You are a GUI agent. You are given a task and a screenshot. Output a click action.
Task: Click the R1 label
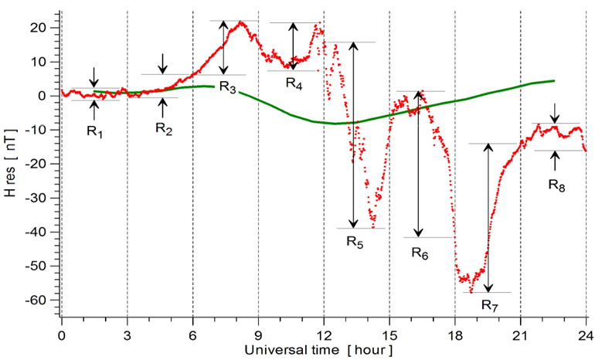coord(95,131)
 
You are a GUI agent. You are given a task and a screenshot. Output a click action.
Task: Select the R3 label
coord(227,86)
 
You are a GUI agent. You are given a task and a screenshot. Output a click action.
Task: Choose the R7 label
coord(490,306)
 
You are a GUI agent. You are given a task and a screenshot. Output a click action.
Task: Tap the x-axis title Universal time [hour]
coord(318,350)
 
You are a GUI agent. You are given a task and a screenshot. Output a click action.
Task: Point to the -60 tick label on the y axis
coord(43,300)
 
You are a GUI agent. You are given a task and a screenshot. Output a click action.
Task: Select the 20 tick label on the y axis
coord(45,28)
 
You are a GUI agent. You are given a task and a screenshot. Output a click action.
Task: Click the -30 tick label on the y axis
coord(43,198)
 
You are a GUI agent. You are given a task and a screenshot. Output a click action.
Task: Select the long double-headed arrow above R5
coord(353,135)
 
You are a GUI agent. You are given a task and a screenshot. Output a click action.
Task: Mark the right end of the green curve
coord(554,80)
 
